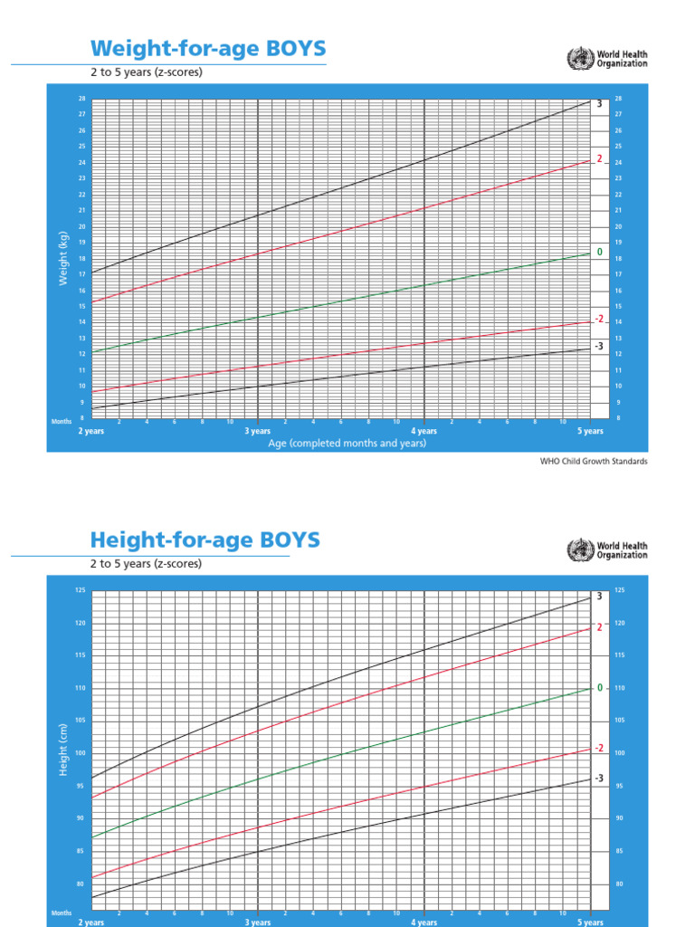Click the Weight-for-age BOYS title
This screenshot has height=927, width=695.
pyautogui.click(x=208, y=47)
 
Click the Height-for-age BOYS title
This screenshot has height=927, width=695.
pyautogui.click(x=205, y=540)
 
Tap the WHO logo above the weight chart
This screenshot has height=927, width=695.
pyautogui.click(x=607, y=60)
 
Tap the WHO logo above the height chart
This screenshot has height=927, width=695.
pyautogui.click(x=607, y=550)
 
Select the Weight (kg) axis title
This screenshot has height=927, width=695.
pyautogui.click(x=63, y=258)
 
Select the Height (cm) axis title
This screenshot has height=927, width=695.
pyautogui.click(x=63, y=750)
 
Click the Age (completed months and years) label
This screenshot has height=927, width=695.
pyautogui.click(x=347, y=444)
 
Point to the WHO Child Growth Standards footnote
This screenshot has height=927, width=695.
pyautogui.click(x=594, y=461)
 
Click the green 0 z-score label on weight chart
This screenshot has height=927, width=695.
pyautogui.click(x=599, y=251)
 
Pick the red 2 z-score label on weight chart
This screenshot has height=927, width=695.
pyautogui.click(x=599, y=158)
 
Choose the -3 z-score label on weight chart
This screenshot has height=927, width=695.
pyautogui.click(x=598, y=346)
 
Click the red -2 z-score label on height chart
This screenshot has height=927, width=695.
pyautogui.click(x=598, y=748)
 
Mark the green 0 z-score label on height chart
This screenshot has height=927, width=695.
pyautogui.click(x=599, y=688)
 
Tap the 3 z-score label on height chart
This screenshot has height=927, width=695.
pyautogui.click(x=599, y=595)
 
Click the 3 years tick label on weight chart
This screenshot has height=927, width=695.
pyautogui.click(x=258, y=432)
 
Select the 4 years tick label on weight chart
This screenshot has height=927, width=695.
pyautogui.click(x=424, y=432)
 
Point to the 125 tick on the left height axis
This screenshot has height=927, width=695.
pyautogui.click(x=80, y=590)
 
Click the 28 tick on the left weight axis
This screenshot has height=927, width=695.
pyautogui.click(x=81, y=98)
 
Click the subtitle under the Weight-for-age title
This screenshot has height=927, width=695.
pyautogui.click(x=146, y=72)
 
